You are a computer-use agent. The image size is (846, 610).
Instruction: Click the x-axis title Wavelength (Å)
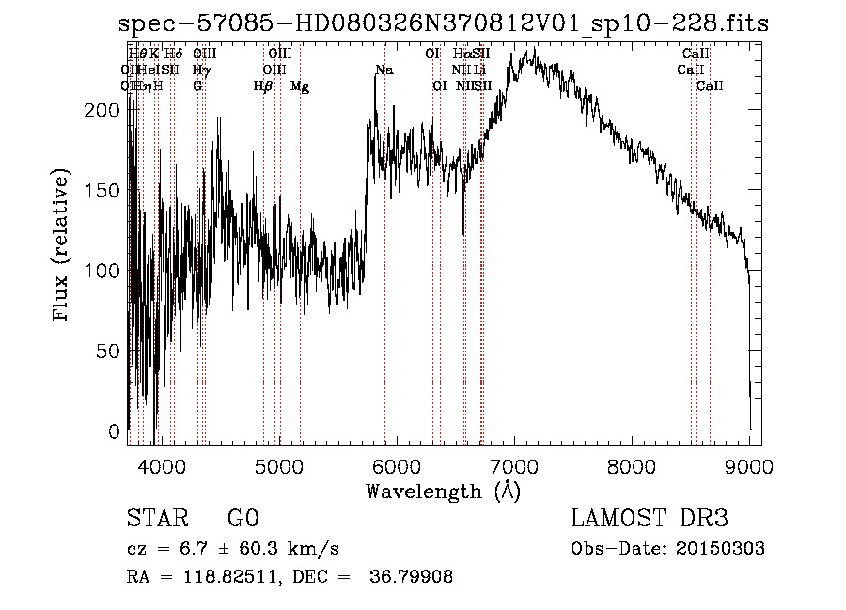coord(443,491)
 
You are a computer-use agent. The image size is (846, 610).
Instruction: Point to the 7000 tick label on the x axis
coord(513,465)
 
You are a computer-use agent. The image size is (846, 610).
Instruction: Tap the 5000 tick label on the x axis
coord(278,465)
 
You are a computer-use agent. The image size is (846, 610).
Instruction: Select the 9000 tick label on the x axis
coord(749,465)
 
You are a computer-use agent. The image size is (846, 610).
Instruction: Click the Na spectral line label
coord(384,70)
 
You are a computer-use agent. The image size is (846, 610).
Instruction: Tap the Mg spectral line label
coord(299,86)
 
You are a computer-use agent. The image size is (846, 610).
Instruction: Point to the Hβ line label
coord(263,86)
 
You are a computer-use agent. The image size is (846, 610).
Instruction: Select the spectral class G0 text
coord(243,519)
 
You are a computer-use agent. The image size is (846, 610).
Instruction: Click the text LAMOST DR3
coord(649,519)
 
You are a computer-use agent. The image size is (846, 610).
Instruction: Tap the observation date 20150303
coord(724,549)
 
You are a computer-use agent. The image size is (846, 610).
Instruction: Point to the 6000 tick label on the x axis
coord(396,465)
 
